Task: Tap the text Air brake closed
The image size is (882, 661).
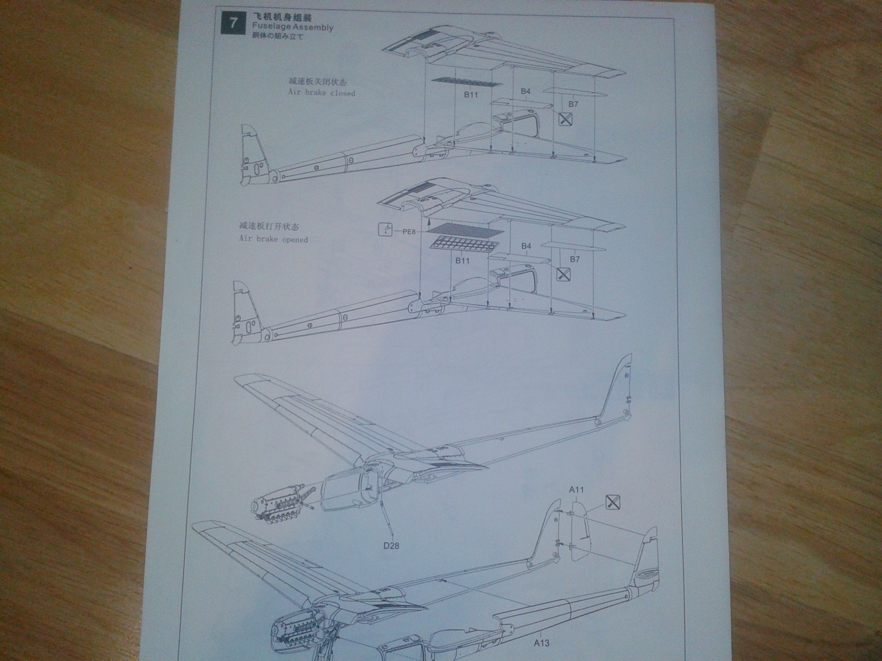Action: pos(322,93)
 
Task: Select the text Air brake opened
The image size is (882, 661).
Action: pos(273,240)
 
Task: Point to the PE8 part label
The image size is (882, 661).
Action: pos(409,232)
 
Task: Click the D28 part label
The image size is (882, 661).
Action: pos(391,546)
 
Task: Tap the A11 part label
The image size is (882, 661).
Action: pos(577,489)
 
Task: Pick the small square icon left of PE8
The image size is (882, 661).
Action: pos(386,230)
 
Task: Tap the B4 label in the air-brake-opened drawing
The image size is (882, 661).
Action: pos(526,246)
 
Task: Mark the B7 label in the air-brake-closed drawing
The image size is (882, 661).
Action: pos(573,104)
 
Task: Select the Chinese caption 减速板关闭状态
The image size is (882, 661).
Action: pos(313,82)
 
